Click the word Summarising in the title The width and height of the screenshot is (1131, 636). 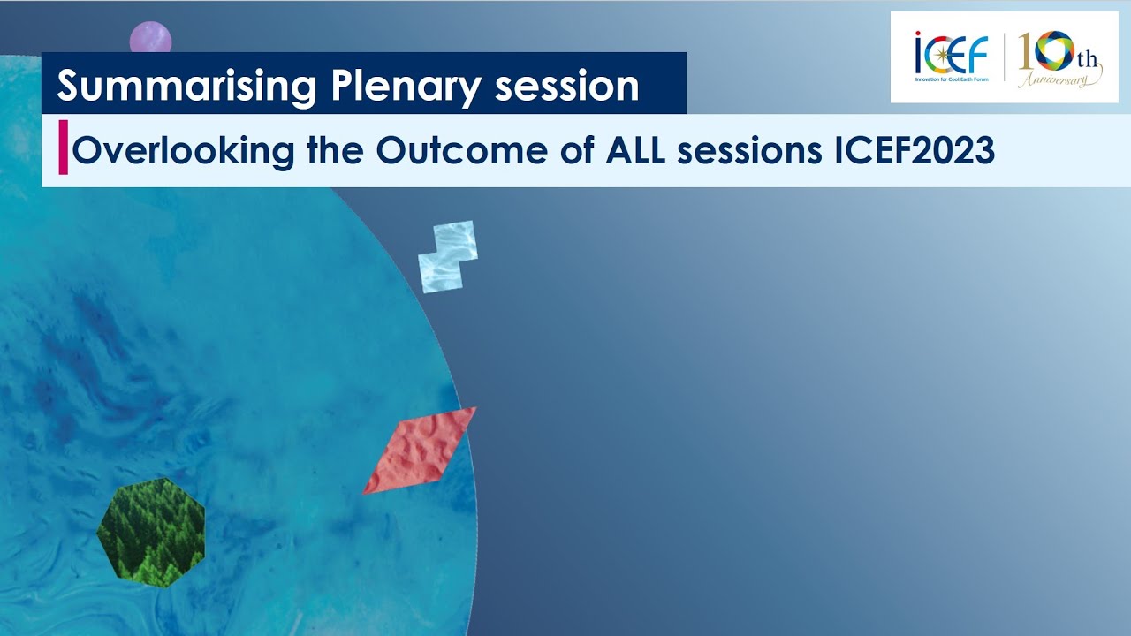186,87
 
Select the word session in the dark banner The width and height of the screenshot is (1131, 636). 566,87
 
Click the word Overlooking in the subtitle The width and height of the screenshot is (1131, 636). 183,151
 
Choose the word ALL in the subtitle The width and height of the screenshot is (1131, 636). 635,150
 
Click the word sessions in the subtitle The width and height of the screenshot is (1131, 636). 750,151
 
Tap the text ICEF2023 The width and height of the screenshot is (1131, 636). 915,150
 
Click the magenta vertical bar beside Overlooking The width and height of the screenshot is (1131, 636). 63,148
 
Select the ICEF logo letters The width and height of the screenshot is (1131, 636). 952,53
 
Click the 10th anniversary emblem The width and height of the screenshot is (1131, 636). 1059,58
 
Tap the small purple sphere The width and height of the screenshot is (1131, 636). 150,38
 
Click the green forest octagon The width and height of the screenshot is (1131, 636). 151,533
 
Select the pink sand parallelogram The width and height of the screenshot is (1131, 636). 420,450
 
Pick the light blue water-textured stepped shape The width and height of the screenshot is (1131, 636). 448,257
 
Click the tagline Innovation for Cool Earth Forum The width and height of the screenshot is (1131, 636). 952,79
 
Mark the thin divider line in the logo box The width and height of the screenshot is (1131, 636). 1004,57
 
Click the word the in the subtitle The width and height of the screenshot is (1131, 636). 335,150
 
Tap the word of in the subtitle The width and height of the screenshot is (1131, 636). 577,150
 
